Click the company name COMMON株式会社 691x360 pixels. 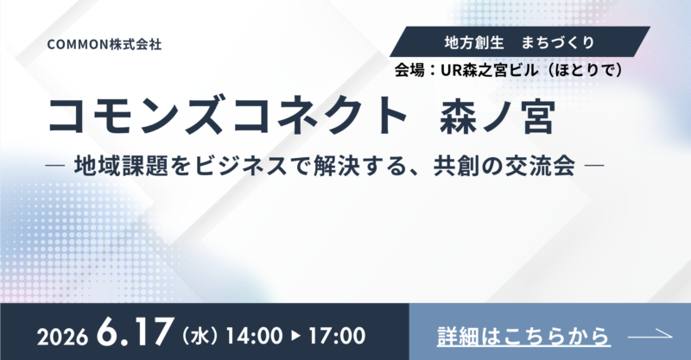coord(105,41)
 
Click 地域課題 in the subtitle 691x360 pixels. coord(117,162)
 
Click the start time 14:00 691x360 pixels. coord(251,333)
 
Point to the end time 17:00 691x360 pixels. coord(335,333)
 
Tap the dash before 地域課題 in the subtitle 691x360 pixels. coord(60,163)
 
